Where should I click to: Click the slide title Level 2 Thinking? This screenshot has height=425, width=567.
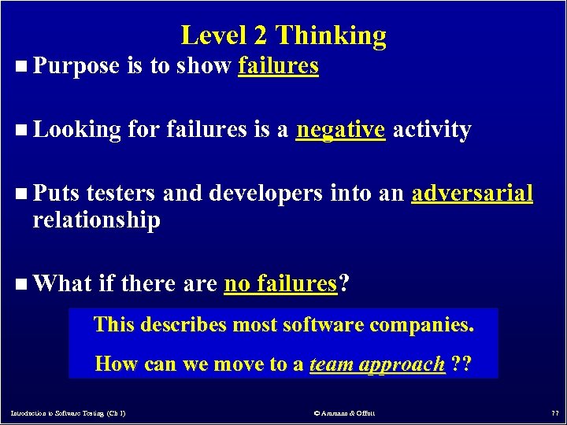[283, 35]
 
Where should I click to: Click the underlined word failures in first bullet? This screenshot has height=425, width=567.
[278, 66]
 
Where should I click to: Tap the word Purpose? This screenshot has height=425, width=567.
[76, 67]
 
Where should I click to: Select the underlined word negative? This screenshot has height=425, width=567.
[340, 129]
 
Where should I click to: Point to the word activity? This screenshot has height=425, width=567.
[432, 129]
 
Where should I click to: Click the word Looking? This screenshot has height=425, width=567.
[76, 130]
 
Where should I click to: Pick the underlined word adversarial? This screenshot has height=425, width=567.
[472, 194]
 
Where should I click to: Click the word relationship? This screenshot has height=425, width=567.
[96, 220]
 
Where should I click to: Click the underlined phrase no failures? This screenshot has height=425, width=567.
[280, 283]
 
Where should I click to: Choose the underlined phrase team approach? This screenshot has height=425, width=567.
[377, 364]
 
